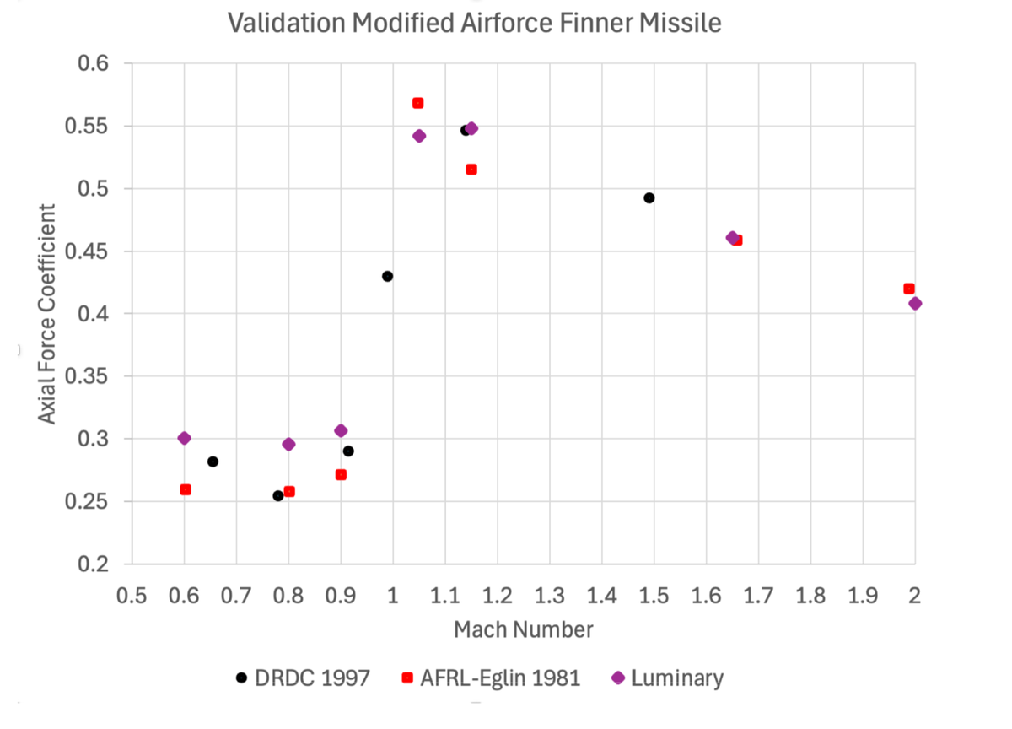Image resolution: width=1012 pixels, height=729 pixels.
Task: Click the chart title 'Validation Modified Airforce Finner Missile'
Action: (475, 23)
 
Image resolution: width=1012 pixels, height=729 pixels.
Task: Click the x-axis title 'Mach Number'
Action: (523, 629)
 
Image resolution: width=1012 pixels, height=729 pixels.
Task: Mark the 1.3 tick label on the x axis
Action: (549, 595)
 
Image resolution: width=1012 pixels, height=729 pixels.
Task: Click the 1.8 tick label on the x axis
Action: (810, 595)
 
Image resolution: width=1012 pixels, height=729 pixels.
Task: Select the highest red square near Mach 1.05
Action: (417, 103)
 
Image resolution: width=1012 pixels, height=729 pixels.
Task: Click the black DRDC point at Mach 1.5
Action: (649, 198)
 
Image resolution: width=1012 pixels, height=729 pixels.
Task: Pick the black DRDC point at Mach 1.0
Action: (387, 276)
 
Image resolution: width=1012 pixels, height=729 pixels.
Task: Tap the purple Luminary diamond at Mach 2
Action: (915, 303)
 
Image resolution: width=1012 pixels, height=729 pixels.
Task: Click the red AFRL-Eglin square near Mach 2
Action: (908, 289)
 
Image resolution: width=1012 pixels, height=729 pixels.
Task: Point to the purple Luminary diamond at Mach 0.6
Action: (184, 438)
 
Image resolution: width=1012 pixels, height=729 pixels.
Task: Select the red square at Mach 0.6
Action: (186, 489)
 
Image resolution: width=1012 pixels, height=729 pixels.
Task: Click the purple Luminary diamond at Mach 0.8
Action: (288, 444)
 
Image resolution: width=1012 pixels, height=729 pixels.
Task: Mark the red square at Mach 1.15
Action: (471, 170)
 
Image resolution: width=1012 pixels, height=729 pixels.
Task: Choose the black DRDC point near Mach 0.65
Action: (213, 462)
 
